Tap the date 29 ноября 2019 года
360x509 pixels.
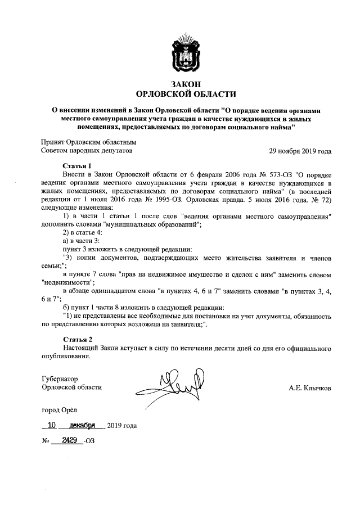[x=300, y=151]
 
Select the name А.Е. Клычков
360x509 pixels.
[x=309, y=388]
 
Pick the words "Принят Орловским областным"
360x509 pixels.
[x=89, y=143]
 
